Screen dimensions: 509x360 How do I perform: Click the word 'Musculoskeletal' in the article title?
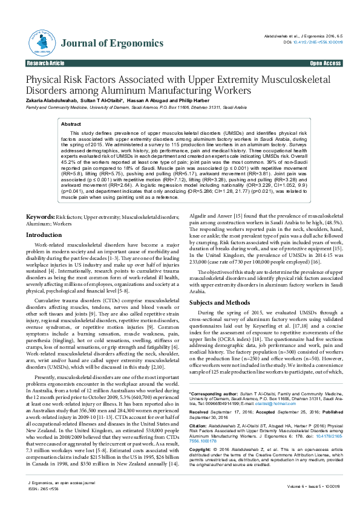[x=287, y=79]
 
